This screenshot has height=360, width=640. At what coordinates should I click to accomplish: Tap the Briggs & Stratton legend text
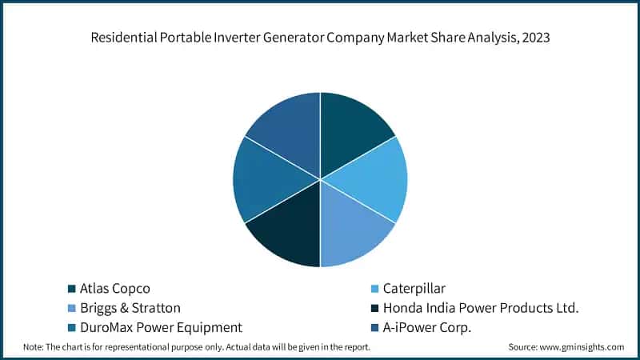[x=130, y=307]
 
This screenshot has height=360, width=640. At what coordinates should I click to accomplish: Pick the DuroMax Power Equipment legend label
[x=161, y=327]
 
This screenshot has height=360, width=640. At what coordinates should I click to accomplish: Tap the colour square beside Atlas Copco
[x=71, y=288]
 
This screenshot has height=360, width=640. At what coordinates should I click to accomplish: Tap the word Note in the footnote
[x=33, y=347]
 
